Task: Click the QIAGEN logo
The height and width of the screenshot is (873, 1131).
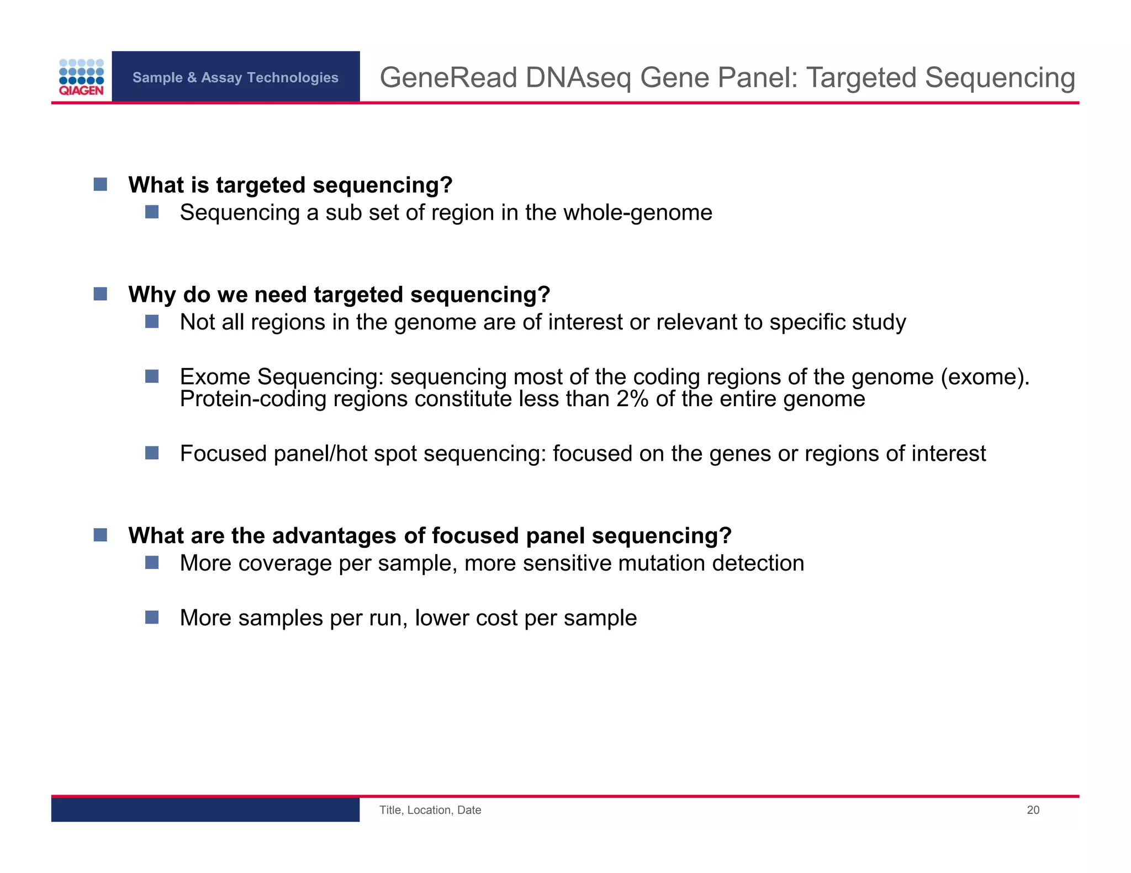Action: coord(81,77)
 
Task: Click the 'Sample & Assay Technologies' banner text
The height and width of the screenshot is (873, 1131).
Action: coord(235,77)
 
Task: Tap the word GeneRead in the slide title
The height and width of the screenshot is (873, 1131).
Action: coord(448,77)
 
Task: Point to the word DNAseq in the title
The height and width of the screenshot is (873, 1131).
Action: coord(578,77)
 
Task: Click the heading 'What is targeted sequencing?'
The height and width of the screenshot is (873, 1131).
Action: coord(290,185)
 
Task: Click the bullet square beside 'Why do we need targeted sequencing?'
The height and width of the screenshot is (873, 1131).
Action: coord(101,294)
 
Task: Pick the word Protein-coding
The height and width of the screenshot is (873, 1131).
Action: coord(253,399)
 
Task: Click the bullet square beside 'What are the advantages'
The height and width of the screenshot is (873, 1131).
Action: coord(101,535)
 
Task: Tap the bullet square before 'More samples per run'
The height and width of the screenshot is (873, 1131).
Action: coord(152,617)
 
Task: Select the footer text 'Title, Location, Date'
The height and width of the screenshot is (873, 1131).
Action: coord(430,810)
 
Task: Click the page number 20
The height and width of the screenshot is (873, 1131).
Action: coord(1033,810)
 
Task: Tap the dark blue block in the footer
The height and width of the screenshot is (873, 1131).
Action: coord(205,810)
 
